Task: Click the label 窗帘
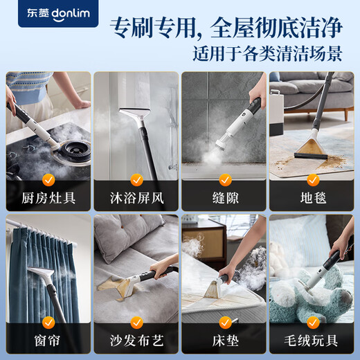pos(48,341)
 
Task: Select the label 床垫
pos(224,341)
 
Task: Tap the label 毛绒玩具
pos(312,341)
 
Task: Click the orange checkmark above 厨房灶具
pos(48,179)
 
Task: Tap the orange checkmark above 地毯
pos(312,179)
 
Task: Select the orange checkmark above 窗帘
pos(48,323)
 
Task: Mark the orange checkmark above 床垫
pos(224,323)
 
